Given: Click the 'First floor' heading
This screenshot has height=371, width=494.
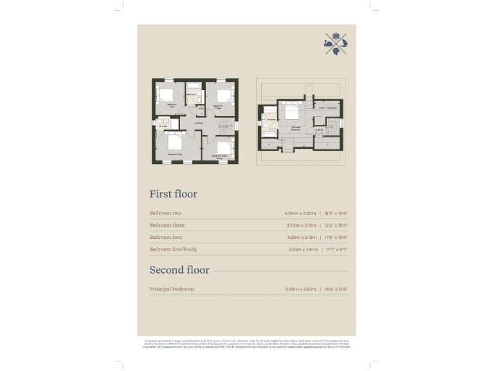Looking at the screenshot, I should click(173, 194).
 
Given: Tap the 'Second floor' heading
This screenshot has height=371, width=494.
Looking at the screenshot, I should click(176, 270).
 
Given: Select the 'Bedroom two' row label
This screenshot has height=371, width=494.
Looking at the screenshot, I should click(165, 213).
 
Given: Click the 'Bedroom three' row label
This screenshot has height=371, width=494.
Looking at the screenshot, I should click(167, 225).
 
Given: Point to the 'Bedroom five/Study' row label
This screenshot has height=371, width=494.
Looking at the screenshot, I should click(172, 249).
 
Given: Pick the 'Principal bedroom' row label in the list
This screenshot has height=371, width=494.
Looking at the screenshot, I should click(172, 289).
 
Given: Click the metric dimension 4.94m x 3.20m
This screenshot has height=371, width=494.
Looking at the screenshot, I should click(300, 213).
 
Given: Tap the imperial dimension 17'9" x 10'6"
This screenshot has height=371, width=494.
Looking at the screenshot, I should click(336, 238).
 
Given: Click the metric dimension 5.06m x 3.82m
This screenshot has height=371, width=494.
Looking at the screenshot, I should click(300, 289).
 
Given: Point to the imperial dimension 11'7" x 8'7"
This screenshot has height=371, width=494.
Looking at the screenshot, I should click(336, 249).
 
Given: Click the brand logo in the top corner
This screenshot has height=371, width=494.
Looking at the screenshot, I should click(335, 43).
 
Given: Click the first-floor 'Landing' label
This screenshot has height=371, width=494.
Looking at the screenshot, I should click(199, 123).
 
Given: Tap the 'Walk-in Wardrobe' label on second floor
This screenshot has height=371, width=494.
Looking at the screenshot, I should click(327, 108).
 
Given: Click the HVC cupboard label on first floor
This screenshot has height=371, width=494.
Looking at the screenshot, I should click(201, 108).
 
